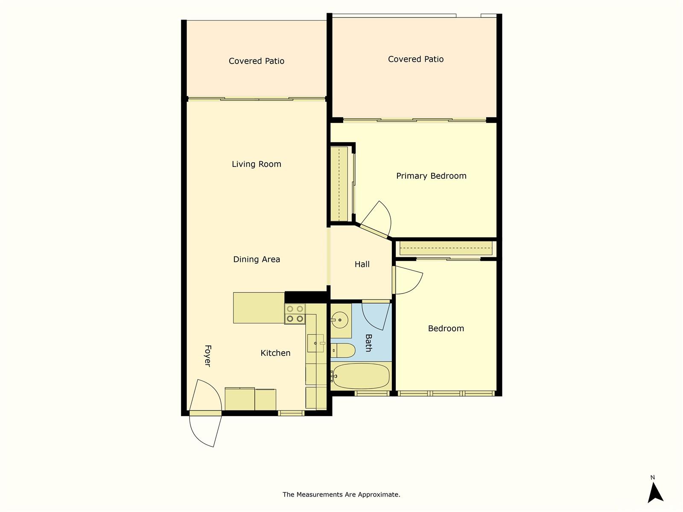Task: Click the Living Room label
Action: [x=257, y=164]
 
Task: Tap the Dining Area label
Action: [x=257, y=259]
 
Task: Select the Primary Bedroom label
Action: [x=431, y=176]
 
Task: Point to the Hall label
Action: [x=362, y=264]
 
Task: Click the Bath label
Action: [x=369, y=343]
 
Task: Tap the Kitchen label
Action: [x=275, y=353]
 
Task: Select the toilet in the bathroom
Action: [x=343, y=351]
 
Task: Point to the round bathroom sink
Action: [x=339, y=320]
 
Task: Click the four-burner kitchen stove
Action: [x=295, y=314]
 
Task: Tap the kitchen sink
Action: [x=315, y=343]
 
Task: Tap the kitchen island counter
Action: [x=259, y=308]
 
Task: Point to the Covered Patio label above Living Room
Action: [x=257, y=61]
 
